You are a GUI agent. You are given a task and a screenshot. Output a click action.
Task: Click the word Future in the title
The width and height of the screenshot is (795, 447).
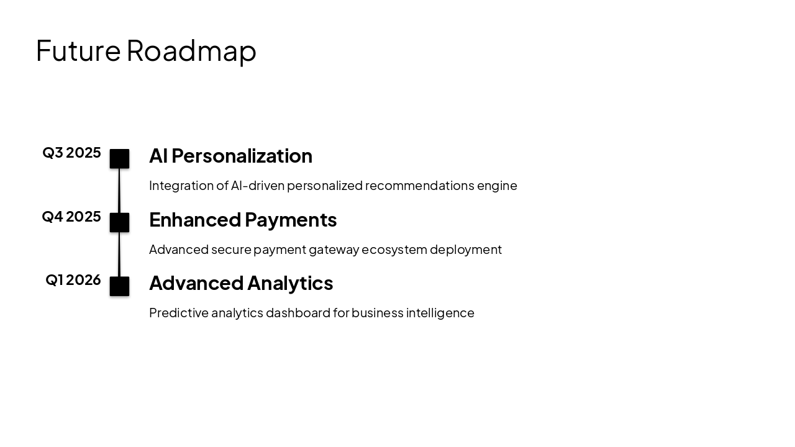[x=78, y=50]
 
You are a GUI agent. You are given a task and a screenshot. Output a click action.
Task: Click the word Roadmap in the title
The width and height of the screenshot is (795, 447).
[x=191, y=50]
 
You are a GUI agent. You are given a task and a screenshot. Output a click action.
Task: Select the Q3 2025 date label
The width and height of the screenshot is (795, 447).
[x=71, y=153]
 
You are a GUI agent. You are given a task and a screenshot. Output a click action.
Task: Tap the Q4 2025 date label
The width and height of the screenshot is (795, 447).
[x=71, y=217]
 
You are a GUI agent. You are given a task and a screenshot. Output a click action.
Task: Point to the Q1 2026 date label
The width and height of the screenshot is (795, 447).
[x=73, y=280]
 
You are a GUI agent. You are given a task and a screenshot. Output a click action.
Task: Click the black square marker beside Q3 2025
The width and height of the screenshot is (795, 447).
[x=119, y=159]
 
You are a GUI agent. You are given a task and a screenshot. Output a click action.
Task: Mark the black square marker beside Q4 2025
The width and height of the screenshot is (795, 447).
[x=119, y=222]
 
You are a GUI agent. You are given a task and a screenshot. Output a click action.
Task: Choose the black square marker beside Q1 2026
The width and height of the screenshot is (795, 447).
[x=119, y=286]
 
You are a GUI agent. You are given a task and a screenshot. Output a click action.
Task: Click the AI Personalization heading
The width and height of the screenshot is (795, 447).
[x=230, y=156]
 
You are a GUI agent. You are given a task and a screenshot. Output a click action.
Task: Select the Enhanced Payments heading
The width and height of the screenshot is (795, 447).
[x=243, y=220]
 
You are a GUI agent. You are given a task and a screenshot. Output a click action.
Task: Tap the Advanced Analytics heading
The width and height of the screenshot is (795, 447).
[x=241, y=283]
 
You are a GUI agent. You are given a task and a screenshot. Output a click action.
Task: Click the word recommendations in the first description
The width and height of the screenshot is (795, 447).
[x=419, y=186]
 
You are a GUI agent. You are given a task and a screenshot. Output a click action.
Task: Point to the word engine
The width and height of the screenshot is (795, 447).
[x=497, y=186]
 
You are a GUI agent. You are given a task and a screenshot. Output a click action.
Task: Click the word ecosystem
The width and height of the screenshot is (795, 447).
[x=394, y=250]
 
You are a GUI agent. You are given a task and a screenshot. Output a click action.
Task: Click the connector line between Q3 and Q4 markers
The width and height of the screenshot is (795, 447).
[x=119, y=191]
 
